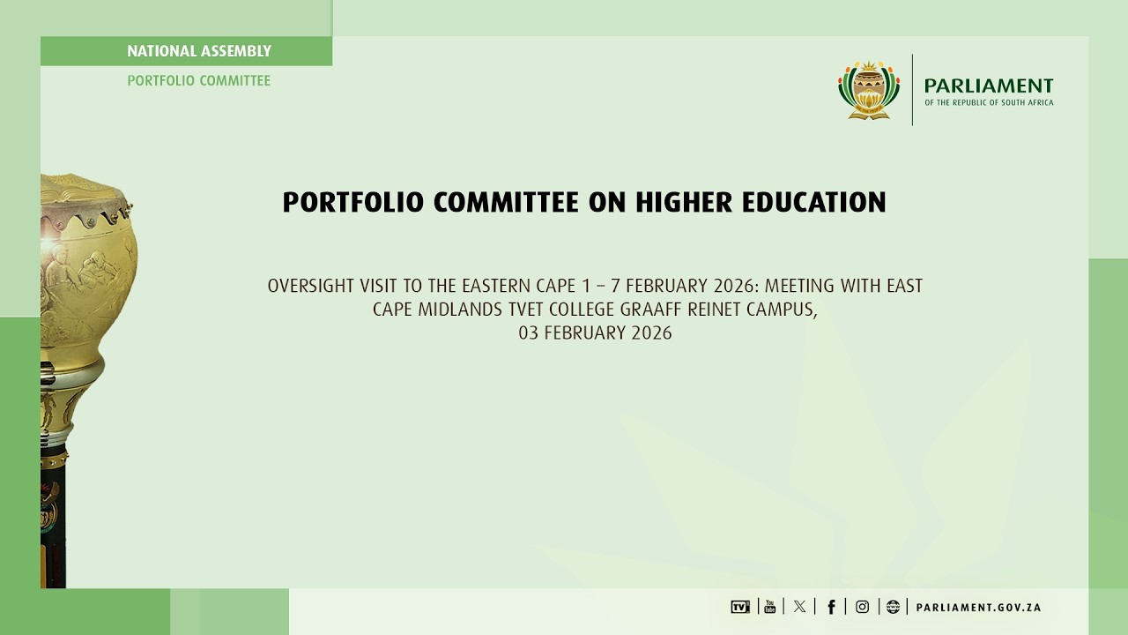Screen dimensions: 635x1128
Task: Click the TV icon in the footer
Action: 740,607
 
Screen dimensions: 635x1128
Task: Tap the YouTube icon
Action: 769,607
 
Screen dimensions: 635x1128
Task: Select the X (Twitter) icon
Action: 799,607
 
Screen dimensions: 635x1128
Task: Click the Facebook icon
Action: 831,607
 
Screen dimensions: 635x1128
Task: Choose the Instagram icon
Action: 862,607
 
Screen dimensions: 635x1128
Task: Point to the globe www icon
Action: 893,607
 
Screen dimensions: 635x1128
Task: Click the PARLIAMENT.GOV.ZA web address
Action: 979,608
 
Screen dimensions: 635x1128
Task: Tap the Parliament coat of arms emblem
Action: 869,89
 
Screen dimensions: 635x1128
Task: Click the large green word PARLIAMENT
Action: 988,86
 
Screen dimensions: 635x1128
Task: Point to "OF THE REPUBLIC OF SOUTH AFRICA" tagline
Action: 988,103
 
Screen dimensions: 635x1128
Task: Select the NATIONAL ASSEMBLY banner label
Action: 199,51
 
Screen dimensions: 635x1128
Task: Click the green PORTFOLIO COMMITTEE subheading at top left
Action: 198,80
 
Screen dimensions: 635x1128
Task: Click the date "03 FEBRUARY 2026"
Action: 595,333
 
